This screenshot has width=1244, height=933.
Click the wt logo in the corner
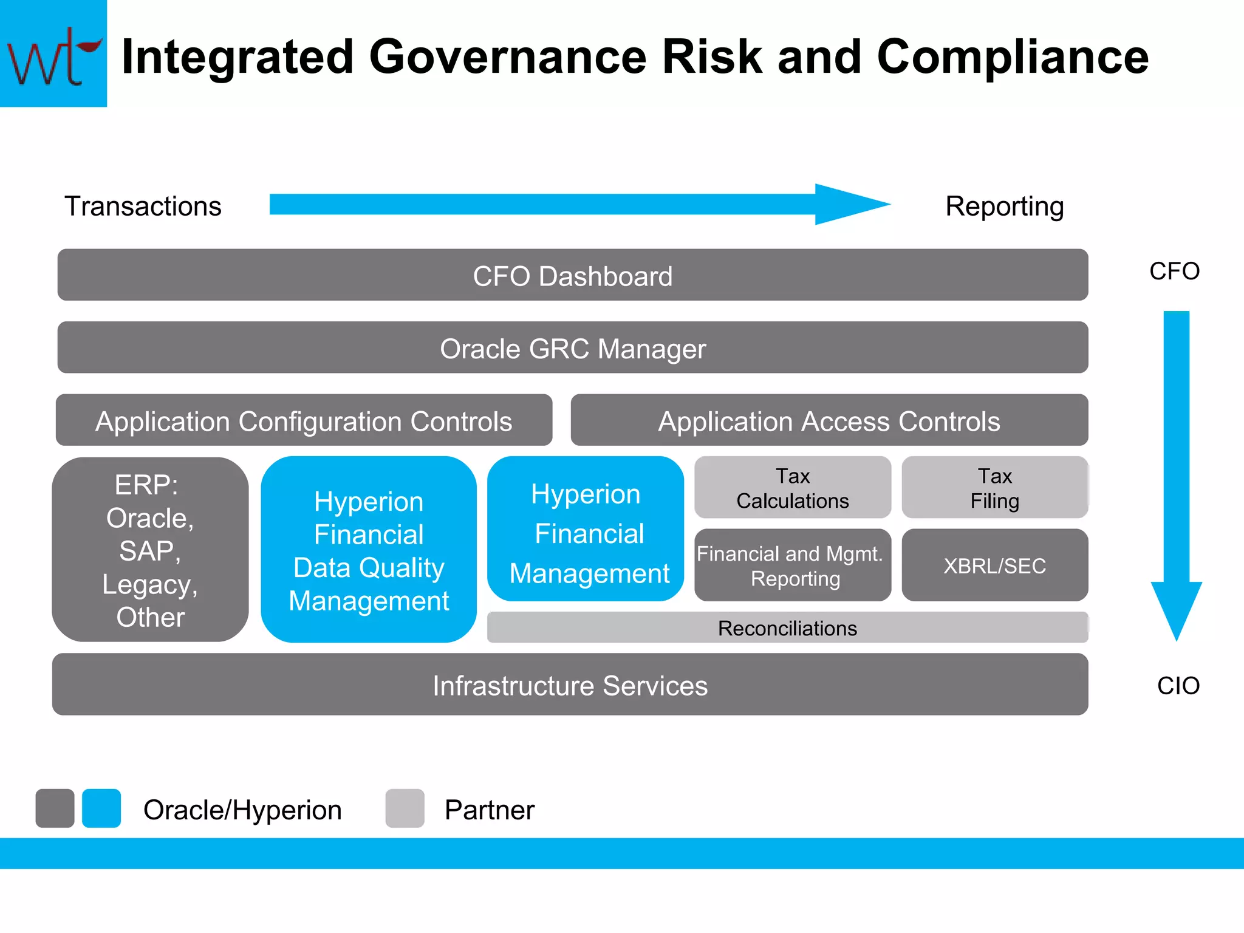point(53,55)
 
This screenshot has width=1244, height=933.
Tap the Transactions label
point(143,207)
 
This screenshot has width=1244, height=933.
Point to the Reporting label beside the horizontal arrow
point(1004,207)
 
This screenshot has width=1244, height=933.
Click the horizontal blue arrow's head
point(850,205)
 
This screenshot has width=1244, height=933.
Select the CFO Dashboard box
point(572,275)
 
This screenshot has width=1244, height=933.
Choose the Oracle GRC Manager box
point(572,348)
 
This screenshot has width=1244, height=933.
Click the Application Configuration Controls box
point(304,420)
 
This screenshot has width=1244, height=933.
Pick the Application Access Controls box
point(829,420)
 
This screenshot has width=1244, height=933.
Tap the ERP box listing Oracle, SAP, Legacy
point(150,550)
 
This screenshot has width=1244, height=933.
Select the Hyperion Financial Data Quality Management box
point(369,550)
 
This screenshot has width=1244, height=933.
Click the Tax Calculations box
point(793,488)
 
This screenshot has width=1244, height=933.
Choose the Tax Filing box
point(994,488)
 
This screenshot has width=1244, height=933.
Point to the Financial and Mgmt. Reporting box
point(793,566)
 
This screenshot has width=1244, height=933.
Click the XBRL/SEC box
point(994,566)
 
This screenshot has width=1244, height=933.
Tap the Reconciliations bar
point(787,627)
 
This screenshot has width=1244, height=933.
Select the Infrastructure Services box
point(570,685)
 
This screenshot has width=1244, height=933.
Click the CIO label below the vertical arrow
point(1178,686)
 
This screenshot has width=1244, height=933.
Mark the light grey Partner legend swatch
point(405,808)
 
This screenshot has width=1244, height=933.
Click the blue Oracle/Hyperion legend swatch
point(101,808)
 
